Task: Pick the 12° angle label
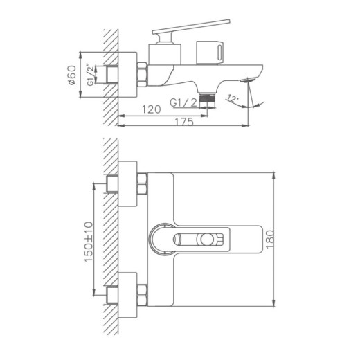pos(233,99)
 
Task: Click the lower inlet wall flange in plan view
pos(129,294)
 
